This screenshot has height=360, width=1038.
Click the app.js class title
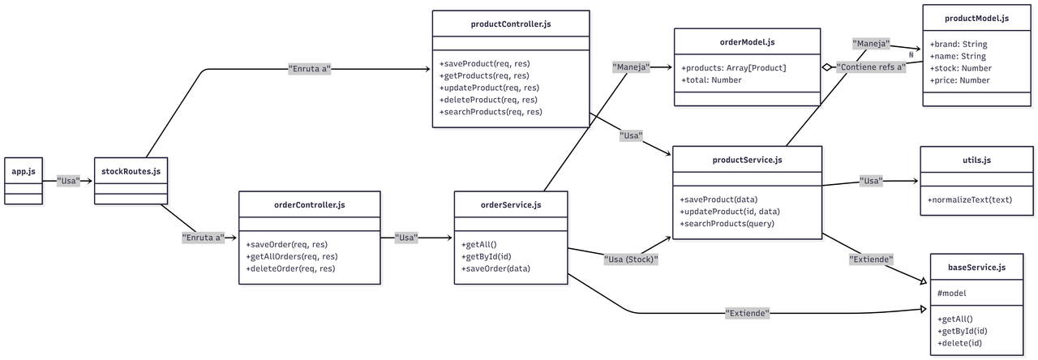click(x=24, y=171)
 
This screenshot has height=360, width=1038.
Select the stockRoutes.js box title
click(x=131, y=171)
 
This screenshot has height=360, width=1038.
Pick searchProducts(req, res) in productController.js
click(x=491, y=112)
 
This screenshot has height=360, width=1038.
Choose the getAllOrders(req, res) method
click(x=291, y=256)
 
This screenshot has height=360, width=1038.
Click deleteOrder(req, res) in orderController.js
click(x=290, y=268)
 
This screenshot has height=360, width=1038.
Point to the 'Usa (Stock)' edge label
click(x=631, y=259)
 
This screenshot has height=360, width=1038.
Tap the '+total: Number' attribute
click(x=710, y=80)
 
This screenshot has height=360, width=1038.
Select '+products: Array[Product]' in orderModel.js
click(x=733, y=67)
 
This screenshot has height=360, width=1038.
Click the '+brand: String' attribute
click(x=958, y=44)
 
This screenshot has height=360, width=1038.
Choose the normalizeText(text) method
click(x=969, y=199)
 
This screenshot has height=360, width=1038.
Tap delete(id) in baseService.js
click(x=962, y=342)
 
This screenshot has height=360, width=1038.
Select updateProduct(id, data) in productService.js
click(x=730, y=212)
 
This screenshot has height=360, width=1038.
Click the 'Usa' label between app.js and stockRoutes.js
click(x=68, y=181)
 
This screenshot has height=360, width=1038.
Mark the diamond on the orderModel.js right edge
click(x=826, y=68)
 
